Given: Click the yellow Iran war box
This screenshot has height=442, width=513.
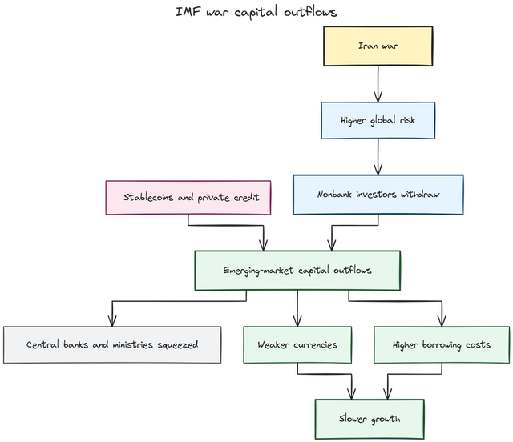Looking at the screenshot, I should (x=378, y=46).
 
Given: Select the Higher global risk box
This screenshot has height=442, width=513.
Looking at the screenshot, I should (x=378, y=121).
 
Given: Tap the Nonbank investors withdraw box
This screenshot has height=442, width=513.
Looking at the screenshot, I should (x=378, y=195).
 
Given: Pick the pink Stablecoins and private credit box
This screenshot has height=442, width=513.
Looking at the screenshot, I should (x=190, y=197).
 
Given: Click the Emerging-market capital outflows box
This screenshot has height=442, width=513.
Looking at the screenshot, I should (x=297, y=270).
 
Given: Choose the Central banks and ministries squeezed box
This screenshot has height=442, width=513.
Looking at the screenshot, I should (x=111, y=345).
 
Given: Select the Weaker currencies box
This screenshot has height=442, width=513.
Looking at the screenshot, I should (x=297, y=345).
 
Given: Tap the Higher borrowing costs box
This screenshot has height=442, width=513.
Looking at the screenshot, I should (x=442, y=345).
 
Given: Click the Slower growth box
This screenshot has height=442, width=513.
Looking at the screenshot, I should (x=370, y=419).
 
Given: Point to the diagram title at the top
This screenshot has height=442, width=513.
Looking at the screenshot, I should (x=256, y=11).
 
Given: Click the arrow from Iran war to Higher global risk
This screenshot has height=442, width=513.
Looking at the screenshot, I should (x=378, y=83).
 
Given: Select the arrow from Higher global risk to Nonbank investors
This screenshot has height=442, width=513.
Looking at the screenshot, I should (x=378, y=157).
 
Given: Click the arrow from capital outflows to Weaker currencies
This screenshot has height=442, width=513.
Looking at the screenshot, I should (x=297, y=307).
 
